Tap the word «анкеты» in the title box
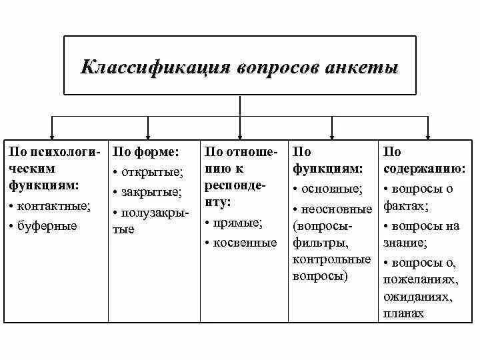point(363,68)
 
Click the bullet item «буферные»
point(47,226)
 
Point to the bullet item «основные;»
point(331,189)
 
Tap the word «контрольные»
point(331,259)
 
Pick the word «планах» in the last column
point(403,313)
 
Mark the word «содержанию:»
point(424,169)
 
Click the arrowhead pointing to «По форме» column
point(148,133)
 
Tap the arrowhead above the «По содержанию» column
point(427,133)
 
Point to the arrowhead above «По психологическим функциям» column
point(53,133)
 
